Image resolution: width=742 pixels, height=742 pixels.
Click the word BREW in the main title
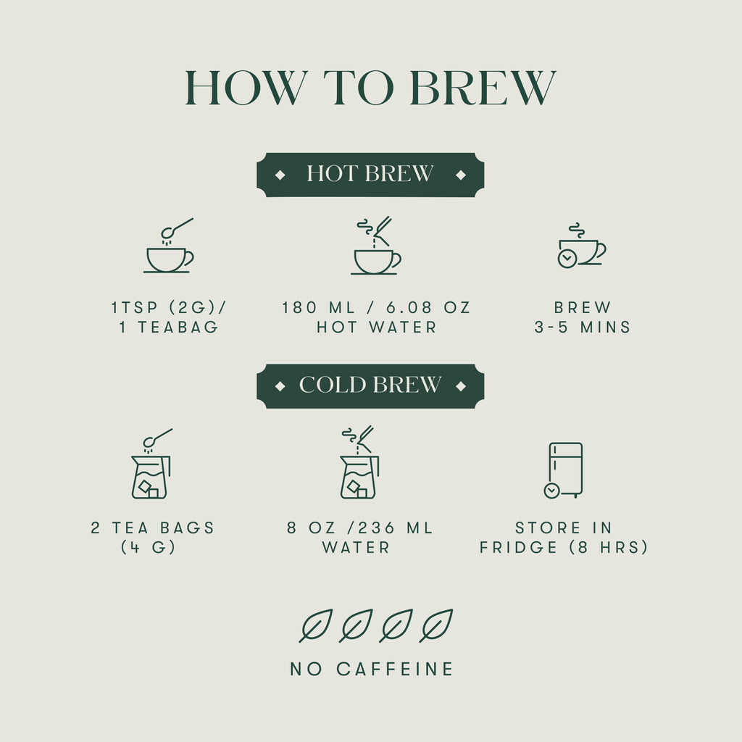[x=482, y=88]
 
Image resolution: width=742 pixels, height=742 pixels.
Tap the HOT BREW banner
[x=370, y=175]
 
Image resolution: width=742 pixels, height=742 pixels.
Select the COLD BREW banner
[x=370, y=385]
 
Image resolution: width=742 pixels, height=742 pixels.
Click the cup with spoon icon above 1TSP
[x=169, y=248]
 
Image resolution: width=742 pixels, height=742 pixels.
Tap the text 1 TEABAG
[x=168, y=327]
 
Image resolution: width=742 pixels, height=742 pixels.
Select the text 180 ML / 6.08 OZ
[x=376, y=308]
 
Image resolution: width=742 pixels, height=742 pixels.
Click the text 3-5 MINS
[x=583, y=327]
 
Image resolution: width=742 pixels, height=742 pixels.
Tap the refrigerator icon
[x=565, y=470]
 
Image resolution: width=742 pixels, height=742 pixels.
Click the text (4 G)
[x=149, y=547]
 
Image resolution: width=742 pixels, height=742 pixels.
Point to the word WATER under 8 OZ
[x=356, y=547]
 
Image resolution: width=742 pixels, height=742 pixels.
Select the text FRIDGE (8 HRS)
[x=564, y=547]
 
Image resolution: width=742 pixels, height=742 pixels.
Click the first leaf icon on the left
[x=315, y=625]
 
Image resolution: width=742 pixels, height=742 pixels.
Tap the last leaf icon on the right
[x=436, y=625]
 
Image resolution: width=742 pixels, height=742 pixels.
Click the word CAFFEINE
[x=395, y=669]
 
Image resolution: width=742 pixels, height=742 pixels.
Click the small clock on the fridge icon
[x=551, y=491]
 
